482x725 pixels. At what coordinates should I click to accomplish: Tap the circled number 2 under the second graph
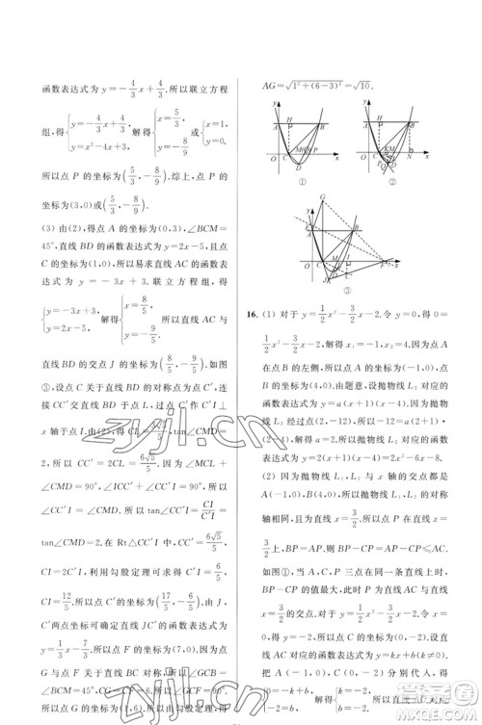392,181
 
